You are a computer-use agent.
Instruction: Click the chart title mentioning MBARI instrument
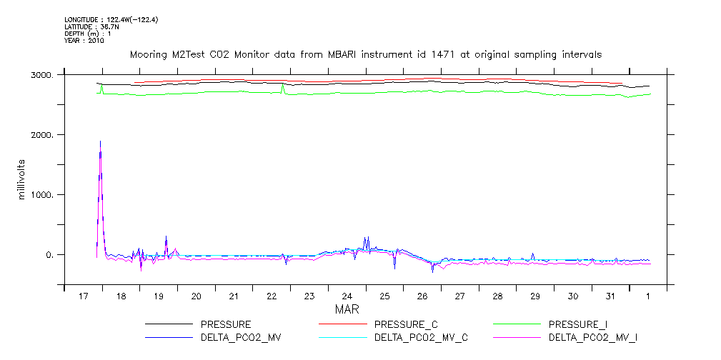pos(365,54)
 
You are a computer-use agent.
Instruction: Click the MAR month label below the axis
pos(347,309)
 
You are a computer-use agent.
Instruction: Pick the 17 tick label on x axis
pos(83,296)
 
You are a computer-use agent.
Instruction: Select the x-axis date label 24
pos(347,296)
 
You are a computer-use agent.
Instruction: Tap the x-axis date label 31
pos(610,296)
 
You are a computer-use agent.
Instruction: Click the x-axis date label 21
pos(234,296)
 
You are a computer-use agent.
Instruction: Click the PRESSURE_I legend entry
pos(578,324)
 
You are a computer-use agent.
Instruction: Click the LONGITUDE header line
pos(111,19)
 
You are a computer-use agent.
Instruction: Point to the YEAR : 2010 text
pos(84,41)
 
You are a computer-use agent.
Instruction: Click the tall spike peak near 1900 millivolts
pos(100,141)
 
